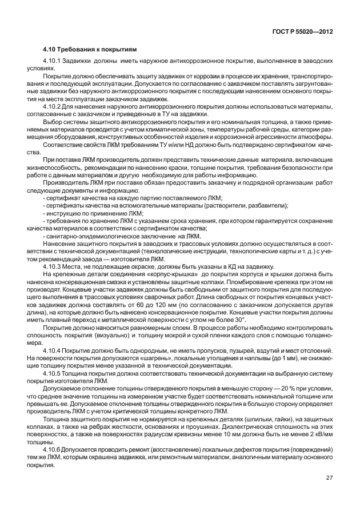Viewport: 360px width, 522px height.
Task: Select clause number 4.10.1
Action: point(54,60)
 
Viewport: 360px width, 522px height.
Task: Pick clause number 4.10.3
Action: point(54,268)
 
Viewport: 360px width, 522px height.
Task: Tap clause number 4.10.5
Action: point(54,373)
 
